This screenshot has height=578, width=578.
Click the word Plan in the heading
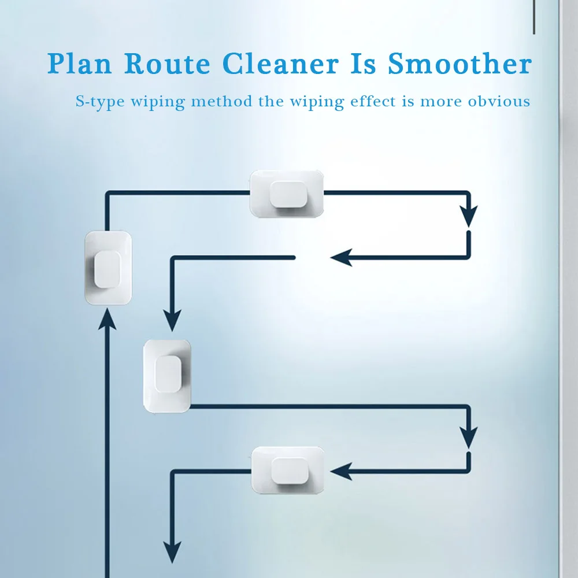(x=80, y=64)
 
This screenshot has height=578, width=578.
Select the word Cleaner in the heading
(x=280, y=64)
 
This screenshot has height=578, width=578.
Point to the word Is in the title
(x=362, y=64)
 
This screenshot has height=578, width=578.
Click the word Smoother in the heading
(x=460, y=64)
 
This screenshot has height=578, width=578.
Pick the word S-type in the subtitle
(x=99, y=102)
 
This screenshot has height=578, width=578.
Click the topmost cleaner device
(x=287, y=194)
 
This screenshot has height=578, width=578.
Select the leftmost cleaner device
(x=108, y=268)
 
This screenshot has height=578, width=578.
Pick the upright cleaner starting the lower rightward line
(x=167, y=376)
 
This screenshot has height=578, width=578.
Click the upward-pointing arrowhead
(x=108, y=319)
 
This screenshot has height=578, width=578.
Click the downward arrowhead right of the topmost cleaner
(x=469, y=216)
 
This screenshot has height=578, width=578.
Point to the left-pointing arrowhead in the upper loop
(x=341, y=257)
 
